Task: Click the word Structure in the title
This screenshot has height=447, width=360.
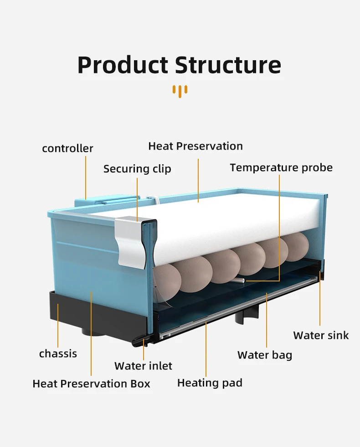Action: pos(228,65)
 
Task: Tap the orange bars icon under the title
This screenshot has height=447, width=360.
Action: pos(180,90)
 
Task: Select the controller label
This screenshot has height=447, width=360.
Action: pos(67,149)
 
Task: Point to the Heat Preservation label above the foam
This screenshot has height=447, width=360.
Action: pos(195,146)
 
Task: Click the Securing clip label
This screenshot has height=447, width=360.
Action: pos(137,169)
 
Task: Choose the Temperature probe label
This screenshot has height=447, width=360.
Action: pos(281,168)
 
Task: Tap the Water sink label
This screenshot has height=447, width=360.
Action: pos(321,336)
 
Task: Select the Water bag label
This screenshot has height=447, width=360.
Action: pos(265,355)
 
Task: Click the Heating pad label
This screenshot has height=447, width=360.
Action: pos(210,383)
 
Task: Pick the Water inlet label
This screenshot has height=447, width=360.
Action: pos(143,366)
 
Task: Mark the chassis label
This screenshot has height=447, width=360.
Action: pos(58,353)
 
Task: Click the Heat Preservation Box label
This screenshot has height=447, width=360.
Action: pos(91,384)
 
